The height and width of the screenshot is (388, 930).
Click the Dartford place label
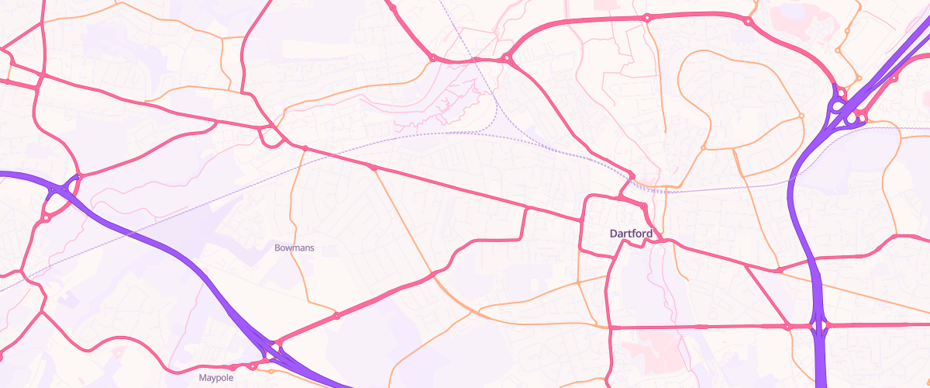point(631,233)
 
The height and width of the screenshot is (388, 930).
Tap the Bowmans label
point(294,248)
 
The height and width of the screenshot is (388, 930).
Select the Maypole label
point(215,379)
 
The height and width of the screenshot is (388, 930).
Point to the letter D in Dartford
point(614,233)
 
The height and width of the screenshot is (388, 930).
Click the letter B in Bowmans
point(277,248)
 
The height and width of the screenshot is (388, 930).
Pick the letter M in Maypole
point(202,379)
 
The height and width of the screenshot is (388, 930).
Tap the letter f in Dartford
point(637,233)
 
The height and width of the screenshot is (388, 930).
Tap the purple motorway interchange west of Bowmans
point(62,190)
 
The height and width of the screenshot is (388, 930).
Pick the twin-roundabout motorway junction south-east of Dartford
point(820,325)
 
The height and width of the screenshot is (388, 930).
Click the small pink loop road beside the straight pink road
point(270,137)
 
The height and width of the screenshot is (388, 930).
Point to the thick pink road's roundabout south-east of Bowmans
point(336,316)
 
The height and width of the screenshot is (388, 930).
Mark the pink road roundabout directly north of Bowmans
point(305,148)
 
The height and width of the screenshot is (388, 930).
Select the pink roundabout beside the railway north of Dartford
point(632,176)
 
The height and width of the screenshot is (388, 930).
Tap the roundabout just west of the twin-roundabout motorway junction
point(787,327)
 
